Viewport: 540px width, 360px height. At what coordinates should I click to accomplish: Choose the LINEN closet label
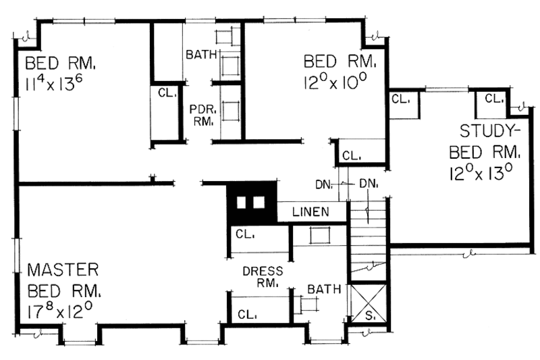tap(310, 212)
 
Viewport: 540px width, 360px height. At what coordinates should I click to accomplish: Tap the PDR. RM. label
tap(201, 115)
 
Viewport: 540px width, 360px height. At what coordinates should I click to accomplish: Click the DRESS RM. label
tap(261, 276)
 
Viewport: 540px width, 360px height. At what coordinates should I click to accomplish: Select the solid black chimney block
tap(252, 203)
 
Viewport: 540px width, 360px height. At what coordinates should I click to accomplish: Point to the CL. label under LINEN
tap(244, 234)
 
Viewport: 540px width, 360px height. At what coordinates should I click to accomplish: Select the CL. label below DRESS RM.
tap(246, 315)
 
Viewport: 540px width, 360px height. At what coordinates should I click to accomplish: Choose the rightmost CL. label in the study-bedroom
tap(494, 99)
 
